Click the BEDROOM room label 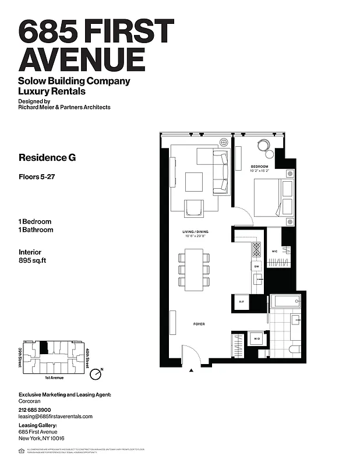(x=259, y=167)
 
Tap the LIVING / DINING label (x=195, y=232)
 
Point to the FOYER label (x=199, y=324)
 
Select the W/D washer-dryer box (x=256, y=338)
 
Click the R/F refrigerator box (x=241, y=302)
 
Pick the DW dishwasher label (x=256, y=267)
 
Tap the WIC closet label (x=274, y=252)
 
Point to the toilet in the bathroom (x=294, y=349)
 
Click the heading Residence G (x=47, y=157)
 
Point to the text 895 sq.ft (x=33, y=261)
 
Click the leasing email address (x=56, y=416)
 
